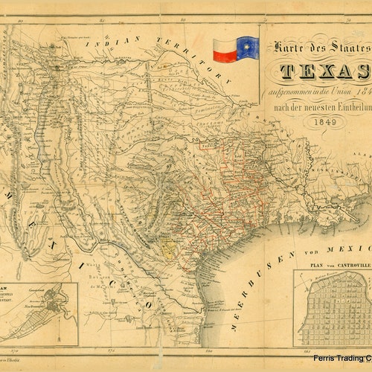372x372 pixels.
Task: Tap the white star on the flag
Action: click(248, 48)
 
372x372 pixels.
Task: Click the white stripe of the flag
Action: click(225, 44)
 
